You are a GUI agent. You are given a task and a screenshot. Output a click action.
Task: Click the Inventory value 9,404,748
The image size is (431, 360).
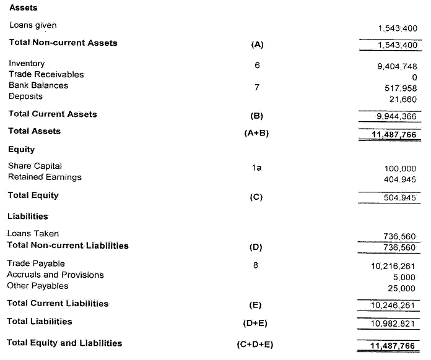397,66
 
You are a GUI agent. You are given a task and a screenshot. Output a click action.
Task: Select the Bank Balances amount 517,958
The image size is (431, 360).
401,88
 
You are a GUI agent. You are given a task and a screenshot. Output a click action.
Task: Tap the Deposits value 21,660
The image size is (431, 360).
403,100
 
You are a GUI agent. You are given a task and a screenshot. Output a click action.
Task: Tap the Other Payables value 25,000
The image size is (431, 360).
403,289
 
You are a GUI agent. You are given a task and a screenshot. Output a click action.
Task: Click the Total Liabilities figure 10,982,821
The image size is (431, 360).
393,324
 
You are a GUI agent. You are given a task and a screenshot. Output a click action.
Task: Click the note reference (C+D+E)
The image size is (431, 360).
255,345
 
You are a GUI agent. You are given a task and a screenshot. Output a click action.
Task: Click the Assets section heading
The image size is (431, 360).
24,8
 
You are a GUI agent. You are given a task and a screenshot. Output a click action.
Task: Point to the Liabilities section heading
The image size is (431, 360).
27,216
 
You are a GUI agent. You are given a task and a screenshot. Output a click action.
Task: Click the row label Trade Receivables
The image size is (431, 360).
46,74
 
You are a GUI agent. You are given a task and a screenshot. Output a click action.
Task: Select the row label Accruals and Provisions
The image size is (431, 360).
55,275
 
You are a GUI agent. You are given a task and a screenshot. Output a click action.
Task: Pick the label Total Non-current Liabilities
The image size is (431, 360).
67,246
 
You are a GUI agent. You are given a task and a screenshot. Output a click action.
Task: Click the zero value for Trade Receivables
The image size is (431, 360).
414,77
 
